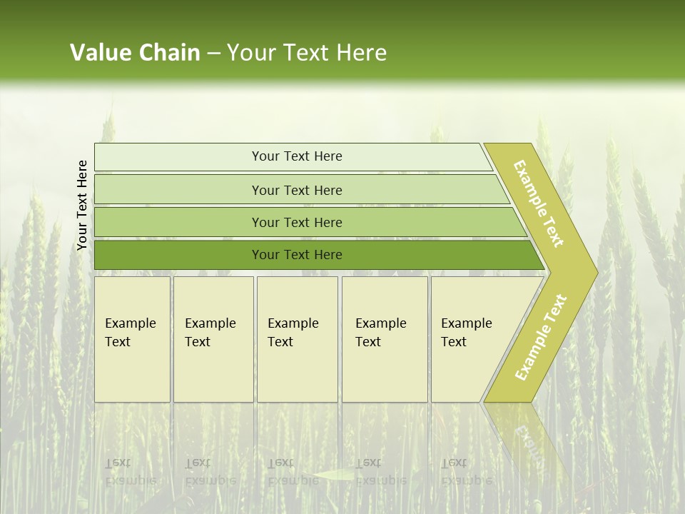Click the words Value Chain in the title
click(x=135, y=53)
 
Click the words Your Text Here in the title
click(x=307, y=53)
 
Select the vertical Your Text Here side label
click(x=82, y=205)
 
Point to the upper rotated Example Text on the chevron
click(x=539, y=203)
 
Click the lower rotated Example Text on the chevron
click(x=540, y=337)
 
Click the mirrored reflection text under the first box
click(x=131, y=472)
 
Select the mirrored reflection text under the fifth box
click(x=465, y=472)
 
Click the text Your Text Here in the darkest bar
click(x=297, y=255)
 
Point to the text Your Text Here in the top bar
click(x=297, y=156)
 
